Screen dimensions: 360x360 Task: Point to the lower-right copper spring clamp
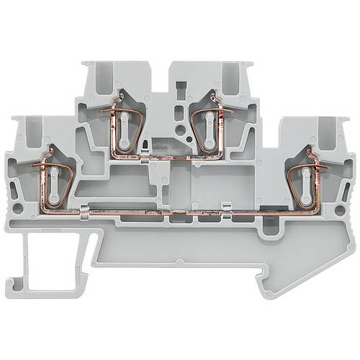[306, 176]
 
